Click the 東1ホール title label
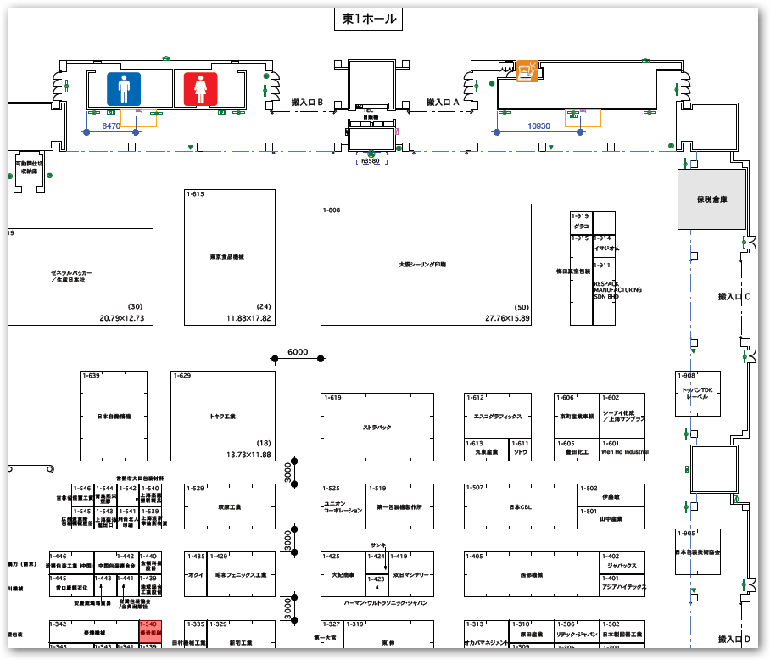tap(368, 20)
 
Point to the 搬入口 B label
tap(307, 102)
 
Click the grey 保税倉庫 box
tap(712, 199)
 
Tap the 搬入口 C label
tap(734, 297)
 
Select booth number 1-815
tap(195, 194)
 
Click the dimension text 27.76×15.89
tap(506, 318)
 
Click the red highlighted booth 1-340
tap(149, 629)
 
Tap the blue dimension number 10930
tap(538, 126)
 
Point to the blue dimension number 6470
tap(112, 126)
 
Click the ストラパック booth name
tap(377, 427)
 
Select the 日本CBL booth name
tap(519, 507)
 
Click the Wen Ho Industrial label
tap(623, 452)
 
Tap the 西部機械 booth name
tap(531, 574)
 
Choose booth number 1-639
tap(91, 375)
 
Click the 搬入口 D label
tap(734, 639)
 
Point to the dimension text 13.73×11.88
tap(248, 455)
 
